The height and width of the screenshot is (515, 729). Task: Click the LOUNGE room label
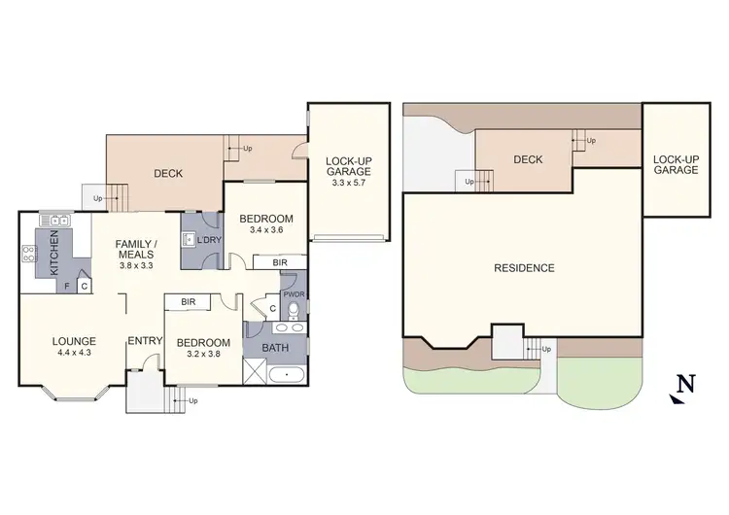point(74,341)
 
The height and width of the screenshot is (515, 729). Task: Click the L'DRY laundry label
point(207,240)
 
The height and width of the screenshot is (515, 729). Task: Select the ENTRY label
point(144,341)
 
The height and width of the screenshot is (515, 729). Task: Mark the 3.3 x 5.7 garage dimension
point(349,183)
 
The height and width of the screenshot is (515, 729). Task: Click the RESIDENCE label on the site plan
point(524,268)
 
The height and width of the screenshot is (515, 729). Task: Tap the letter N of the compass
point(686,383)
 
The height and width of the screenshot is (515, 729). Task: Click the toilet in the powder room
point(295,310)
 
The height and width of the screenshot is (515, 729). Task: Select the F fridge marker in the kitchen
point(67,287)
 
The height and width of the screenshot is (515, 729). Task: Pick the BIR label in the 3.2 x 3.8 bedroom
point(189,302)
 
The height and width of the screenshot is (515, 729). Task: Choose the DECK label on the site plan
point(528,159)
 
